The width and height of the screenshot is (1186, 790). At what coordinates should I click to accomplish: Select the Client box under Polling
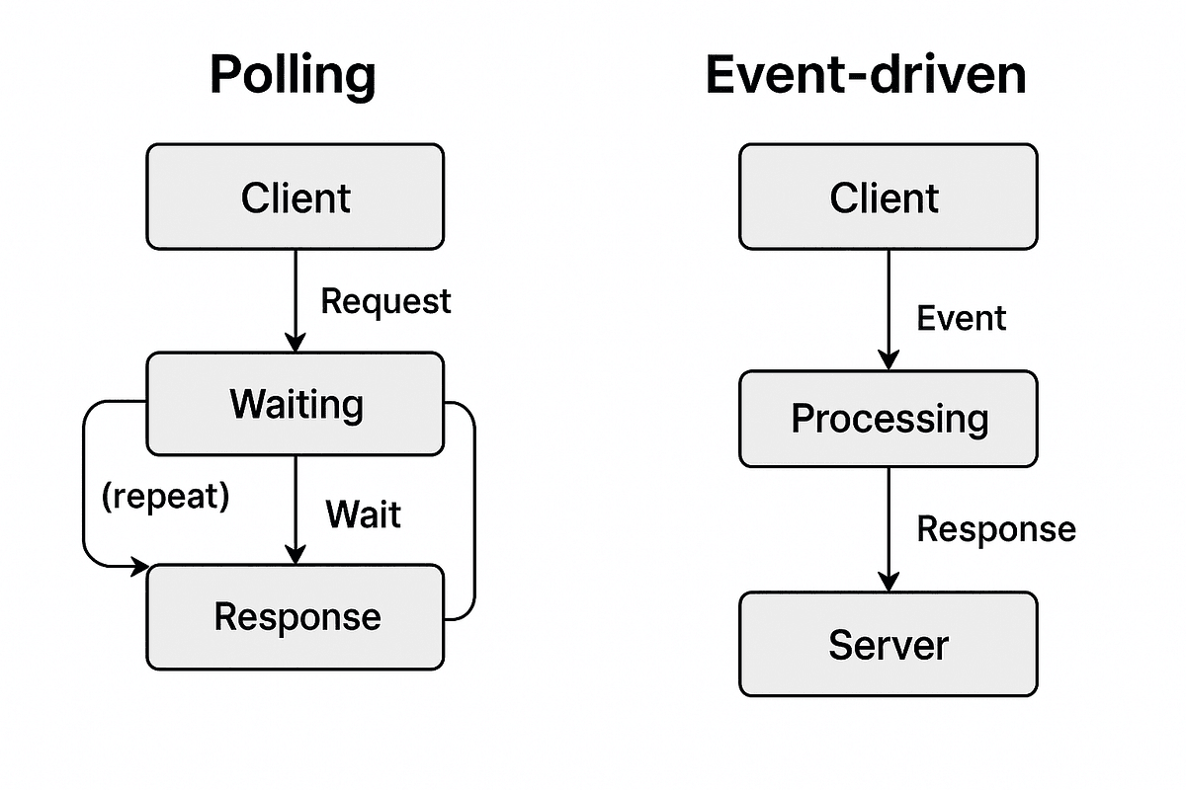click(295, 197)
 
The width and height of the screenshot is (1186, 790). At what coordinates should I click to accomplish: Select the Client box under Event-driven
click(888, 197)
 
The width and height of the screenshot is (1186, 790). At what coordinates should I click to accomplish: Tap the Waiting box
click(295, 404)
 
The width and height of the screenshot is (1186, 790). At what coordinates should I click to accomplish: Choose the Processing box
click(888, 419)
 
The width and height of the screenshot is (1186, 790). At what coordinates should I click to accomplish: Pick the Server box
click(888, 645)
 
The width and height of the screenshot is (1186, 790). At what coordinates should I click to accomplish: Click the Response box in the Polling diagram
click(295, 616)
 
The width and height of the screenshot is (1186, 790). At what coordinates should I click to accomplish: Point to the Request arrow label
click(385, 301)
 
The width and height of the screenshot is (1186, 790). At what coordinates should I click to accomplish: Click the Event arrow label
click(961, 318)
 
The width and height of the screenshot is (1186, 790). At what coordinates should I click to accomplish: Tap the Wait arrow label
click(363, 514)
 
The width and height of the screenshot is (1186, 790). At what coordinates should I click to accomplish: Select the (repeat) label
click(165, 497)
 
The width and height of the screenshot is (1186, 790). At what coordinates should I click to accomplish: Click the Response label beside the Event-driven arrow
click(995, 529)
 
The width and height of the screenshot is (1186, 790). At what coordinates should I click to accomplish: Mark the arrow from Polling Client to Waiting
click(295, 296)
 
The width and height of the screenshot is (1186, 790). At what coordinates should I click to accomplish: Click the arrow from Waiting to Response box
click(295, 509)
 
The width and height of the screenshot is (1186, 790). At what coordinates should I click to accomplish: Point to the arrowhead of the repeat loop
click(138, 567)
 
